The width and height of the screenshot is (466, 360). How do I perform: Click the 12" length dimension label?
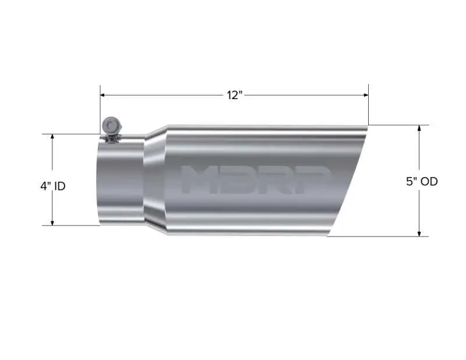click(234, 95)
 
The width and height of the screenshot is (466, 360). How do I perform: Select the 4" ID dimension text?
click(52, 186)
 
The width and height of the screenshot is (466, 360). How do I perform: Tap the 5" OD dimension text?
click(422, 181)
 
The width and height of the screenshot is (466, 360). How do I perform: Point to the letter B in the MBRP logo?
click(239, 179)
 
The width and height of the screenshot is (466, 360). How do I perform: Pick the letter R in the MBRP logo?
click(276, 179)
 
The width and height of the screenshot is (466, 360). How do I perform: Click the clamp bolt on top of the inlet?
click(110, 126)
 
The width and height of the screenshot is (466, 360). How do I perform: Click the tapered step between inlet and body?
click(155, 181)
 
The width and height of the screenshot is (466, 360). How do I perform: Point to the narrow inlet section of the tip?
click(121, 181)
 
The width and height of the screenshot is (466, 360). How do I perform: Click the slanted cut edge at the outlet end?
click(348, 181)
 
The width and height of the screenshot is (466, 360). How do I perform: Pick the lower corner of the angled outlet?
click(328, 235)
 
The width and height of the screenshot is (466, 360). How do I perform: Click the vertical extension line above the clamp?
click(100, 108)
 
